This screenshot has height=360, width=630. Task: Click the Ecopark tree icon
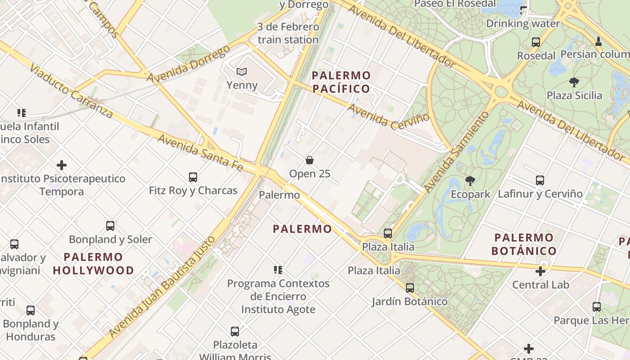pos(470,181)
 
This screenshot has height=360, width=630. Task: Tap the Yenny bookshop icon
pos(242,72)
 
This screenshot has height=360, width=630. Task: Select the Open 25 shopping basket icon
pos(310,160)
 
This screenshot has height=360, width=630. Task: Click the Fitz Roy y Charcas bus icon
pos(193,177)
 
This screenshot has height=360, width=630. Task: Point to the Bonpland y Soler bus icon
pos(110,226)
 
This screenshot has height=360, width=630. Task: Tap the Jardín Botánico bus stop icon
pos(409,288)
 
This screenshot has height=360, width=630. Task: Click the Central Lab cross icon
pos(540,271)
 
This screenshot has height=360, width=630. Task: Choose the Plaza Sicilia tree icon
pos(574,82)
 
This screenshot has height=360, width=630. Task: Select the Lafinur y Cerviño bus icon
pos(540,180)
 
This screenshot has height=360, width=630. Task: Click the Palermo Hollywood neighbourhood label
pos(93,264)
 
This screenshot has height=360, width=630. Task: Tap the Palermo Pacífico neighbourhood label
pos(342,82)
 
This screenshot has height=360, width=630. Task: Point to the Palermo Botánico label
pos(524,244)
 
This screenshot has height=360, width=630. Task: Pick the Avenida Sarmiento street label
pos(456,151)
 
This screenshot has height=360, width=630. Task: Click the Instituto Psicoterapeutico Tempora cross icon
pos(62,165)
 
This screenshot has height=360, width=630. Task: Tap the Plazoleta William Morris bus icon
pos(234,332)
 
